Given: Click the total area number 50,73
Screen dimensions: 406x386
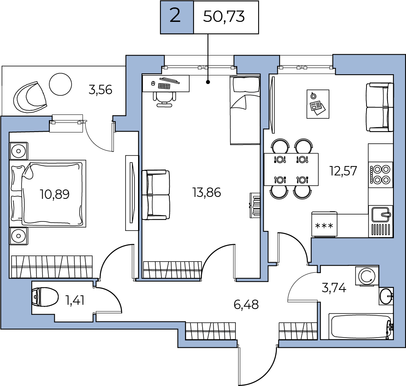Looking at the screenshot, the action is point(224,17).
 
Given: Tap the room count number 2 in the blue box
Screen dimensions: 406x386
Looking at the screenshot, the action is point(175,16).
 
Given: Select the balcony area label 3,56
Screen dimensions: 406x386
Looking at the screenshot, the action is point(100,90).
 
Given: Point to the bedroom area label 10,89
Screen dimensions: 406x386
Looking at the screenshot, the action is point(55,194).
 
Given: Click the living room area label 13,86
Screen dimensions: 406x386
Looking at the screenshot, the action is point(207,193).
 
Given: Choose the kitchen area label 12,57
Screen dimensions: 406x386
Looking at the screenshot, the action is point(343,171).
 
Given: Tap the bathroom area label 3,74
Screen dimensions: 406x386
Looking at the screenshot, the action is point(334,288).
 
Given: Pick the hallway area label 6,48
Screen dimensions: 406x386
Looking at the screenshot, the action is point(246,304).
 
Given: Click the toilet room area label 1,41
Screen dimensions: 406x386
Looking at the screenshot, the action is point(75,300).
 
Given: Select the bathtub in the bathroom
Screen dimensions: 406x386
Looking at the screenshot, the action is point(360,326).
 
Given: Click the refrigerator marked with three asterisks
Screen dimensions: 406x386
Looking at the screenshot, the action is point(324,224).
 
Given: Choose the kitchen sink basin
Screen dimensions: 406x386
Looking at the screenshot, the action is point(381,214).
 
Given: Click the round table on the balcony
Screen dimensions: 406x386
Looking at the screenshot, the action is point(60,84).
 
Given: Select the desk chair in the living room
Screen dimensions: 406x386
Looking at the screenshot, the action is point(164,99).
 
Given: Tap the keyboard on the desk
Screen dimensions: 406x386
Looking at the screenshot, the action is point(164,86).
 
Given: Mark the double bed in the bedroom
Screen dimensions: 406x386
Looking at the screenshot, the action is point(48,193).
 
